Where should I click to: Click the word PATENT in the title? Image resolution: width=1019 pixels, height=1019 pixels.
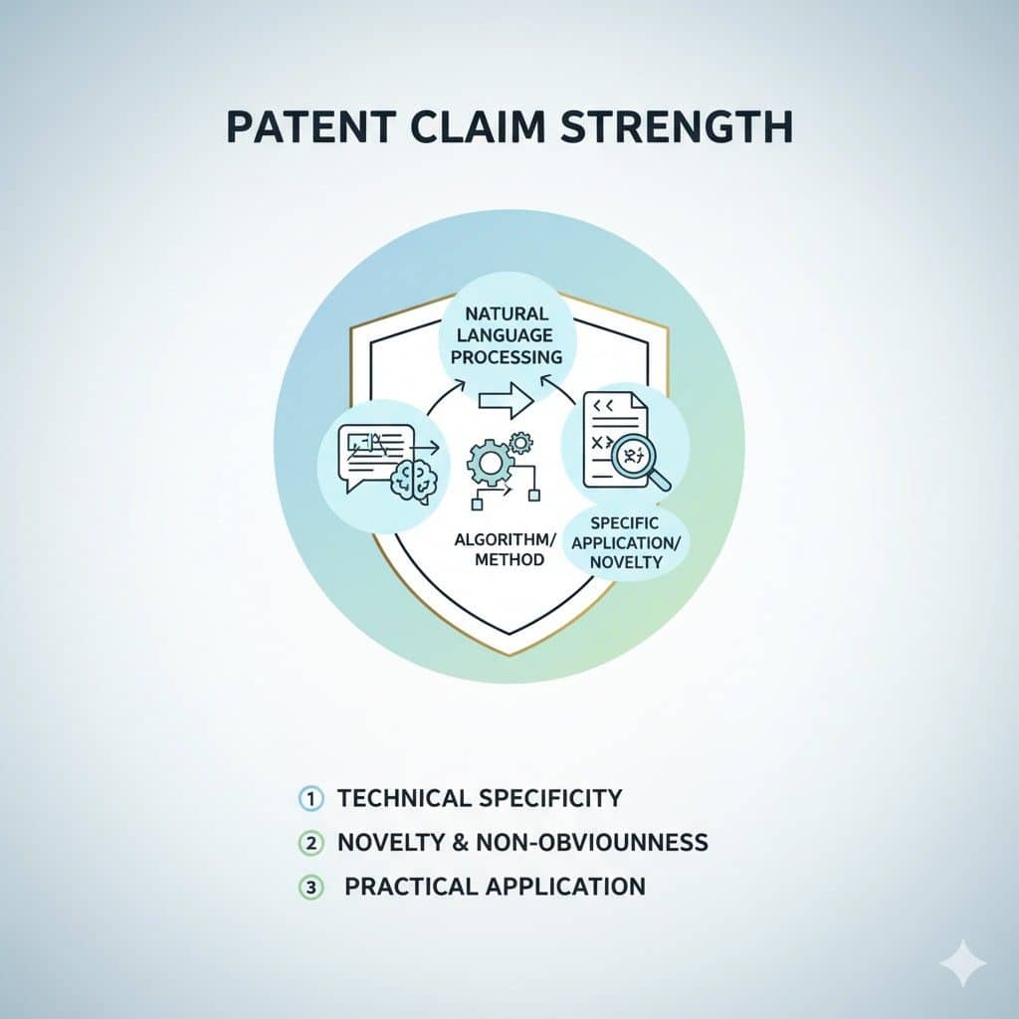(x=311, y=126)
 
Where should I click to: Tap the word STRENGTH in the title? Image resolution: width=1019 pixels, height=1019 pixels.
(x=677, y=126)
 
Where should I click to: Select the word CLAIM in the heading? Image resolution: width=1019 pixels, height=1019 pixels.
(x=478, y=126)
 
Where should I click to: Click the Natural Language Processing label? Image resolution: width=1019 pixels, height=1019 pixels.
(x=507, y=335)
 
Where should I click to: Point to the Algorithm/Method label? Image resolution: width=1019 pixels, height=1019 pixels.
(x=507, y=549)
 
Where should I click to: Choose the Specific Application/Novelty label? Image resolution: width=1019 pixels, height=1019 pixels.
(x=625, y=542)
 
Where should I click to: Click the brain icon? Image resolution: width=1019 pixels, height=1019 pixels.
(x=414, y=482)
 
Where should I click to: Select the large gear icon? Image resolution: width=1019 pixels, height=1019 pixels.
(x=490, y=463)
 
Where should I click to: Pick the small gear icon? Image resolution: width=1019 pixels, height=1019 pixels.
(x=520, y=443)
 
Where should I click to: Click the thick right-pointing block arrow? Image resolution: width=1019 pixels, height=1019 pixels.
(x=507, y=400)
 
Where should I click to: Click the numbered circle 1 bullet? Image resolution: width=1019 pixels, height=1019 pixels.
(x=310, y=799)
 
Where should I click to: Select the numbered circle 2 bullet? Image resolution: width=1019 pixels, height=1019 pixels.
(x=310, y=843)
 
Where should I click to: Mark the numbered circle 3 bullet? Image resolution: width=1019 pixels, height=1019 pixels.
(x=310, y=887)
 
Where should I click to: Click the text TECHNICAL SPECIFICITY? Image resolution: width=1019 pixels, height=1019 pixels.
(x=480, y=798)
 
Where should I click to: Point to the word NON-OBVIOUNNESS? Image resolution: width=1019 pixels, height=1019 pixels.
(x=592, y=842)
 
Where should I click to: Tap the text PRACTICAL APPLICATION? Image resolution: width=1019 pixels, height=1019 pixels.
(x=495, y=887)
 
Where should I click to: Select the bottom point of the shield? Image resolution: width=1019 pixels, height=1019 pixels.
(x=509, y=655)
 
